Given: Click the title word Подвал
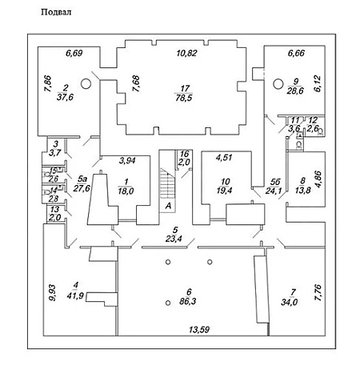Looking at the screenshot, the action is click(56, 12).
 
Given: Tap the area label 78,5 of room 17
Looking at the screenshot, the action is click(184, 98).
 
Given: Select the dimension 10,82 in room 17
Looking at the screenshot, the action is click(187, 53).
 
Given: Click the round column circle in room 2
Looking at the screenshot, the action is click(86, 83).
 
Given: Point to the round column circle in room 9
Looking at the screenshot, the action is click(278, 84).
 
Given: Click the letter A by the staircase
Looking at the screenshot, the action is click(168, 206).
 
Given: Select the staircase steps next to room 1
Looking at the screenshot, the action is click(167, 183).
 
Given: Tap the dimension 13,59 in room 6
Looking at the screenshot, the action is click(199, 329).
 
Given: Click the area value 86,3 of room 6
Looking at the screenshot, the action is click(188, 301).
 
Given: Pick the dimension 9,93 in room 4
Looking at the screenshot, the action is click(52, 292).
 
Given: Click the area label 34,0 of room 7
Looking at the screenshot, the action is click(289, 302).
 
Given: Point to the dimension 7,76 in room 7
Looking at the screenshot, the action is click(318, 292).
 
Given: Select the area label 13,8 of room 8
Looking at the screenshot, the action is click(303, 191).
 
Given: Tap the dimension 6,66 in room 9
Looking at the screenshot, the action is click(296, 53).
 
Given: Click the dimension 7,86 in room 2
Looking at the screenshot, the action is click(48, 84).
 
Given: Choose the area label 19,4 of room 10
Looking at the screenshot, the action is click(224, 191).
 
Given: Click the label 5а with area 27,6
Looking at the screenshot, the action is click(82, 183).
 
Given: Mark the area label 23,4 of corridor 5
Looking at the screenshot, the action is click(174, 239).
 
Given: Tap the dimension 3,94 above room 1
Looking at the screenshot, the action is click(127, 160).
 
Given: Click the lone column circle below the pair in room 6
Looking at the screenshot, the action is click(168, 303).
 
